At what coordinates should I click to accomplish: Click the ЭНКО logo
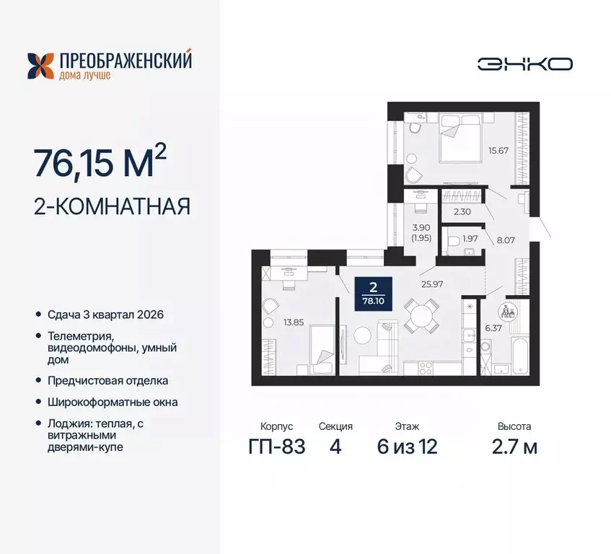coord(524,63)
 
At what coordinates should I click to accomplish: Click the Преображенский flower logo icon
coord(40,66)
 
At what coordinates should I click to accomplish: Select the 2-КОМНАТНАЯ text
coord(112,206)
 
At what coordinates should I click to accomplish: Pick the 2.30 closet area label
coord(462,212)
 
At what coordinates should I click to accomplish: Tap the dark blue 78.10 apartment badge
coord(374,294)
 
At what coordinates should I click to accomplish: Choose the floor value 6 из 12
coord(407,447)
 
